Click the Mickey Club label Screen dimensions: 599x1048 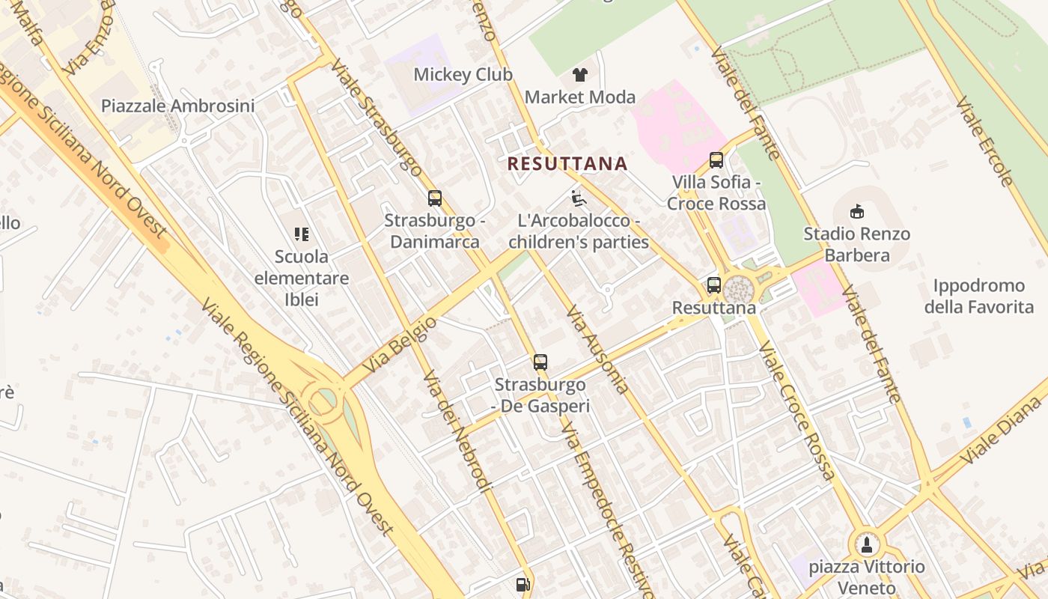pos(463,75)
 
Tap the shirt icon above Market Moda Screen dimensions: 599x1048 pos(580,74)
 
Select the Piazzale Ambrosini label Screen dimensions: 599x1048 pos(177,106)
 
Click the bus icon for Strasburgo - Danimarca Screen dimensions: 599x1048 pos(435,198)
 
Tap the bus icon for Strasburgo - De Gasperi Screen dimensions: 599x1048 pos(540,362)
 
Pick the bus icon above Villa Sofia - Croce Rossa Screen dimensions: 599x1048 pos(716,159)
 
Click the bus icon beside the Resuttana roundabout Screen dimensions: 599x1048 pos(714,285)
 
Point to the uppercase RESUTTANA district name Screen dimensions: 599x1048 pos(567,163)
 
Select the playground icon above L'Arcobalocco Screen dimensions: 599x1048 pos(578,198)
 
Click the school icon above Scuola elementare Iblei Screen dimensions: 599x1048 pos(302,234)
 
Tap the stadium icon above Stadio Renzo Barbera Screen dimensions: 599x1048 pos(858,212)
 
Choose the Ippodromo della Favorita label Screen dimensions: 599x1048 pos(978,297)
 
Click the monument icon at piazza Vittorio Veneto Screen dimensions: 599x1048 pos(867,544)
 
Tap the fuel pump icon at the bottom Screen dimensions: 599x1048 pos(523,584)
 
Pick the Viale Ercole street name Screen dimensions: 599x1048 pos(984,141)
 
